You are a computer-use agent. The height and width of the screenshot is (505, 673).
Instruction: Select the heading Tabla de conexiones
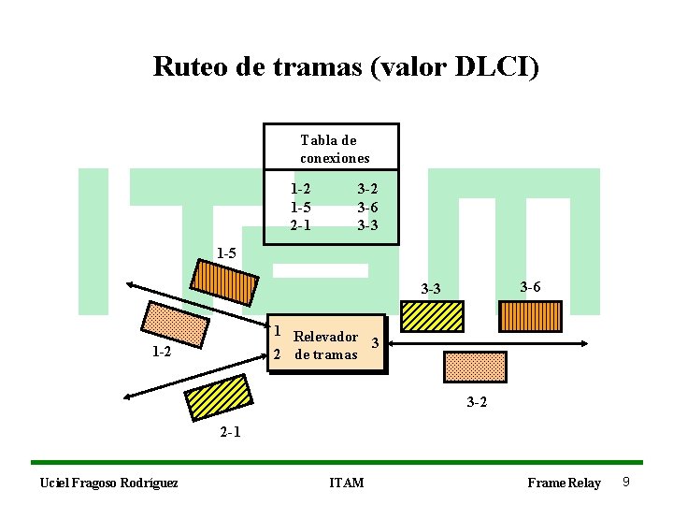point(335,149)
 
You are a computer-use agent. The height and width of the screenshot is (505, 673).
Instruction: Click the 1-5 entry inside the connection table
point(300,207)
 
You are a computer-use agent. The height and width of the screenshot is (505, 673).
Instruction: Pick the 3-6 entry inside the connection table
point(367,207)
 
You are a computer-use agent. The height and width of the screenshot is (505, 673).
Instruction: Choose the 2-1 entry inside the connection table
point(300,224)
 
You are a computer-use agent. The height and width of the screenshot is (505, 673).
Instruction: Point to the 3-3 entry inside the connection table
point(367,224)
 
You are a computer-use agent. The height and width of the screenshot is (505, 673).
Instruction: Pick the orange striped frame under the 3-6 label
point(530,315)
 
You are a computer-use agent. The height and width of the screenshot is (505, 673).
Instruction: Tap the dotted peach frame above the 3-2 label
point(474,366)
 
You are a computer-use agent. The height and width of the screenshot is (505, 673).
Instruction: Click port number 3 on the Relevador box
point(374,342)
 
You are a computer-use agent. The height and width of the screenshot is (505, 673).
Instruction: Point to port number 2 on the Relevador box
point(277,354)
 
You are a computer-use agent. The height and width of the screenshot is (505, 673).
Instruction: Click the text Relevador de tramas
point(325,345)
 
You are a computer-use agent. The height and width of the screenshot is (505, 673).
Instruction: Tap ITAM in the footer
point(347,483)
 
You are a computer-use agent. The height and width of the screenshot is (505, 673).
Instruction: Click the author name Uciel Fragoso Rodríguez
point(108,483)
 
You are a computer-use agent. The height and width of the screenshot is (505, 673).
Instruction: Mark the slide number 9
point(625,482)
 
